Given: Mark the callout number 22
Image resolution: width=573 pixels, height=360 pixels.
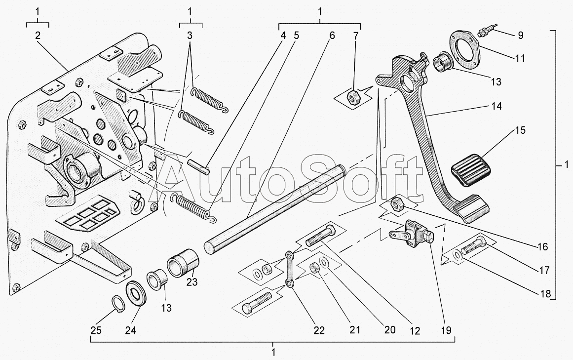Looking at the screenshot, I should coord(319,330).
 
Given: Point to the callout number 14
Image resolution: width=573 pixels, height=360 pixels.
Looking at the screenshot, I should coord(497,106).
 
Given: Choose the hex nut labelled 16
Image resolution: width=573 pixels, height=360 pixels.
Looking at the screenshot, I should coord(397,202).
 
